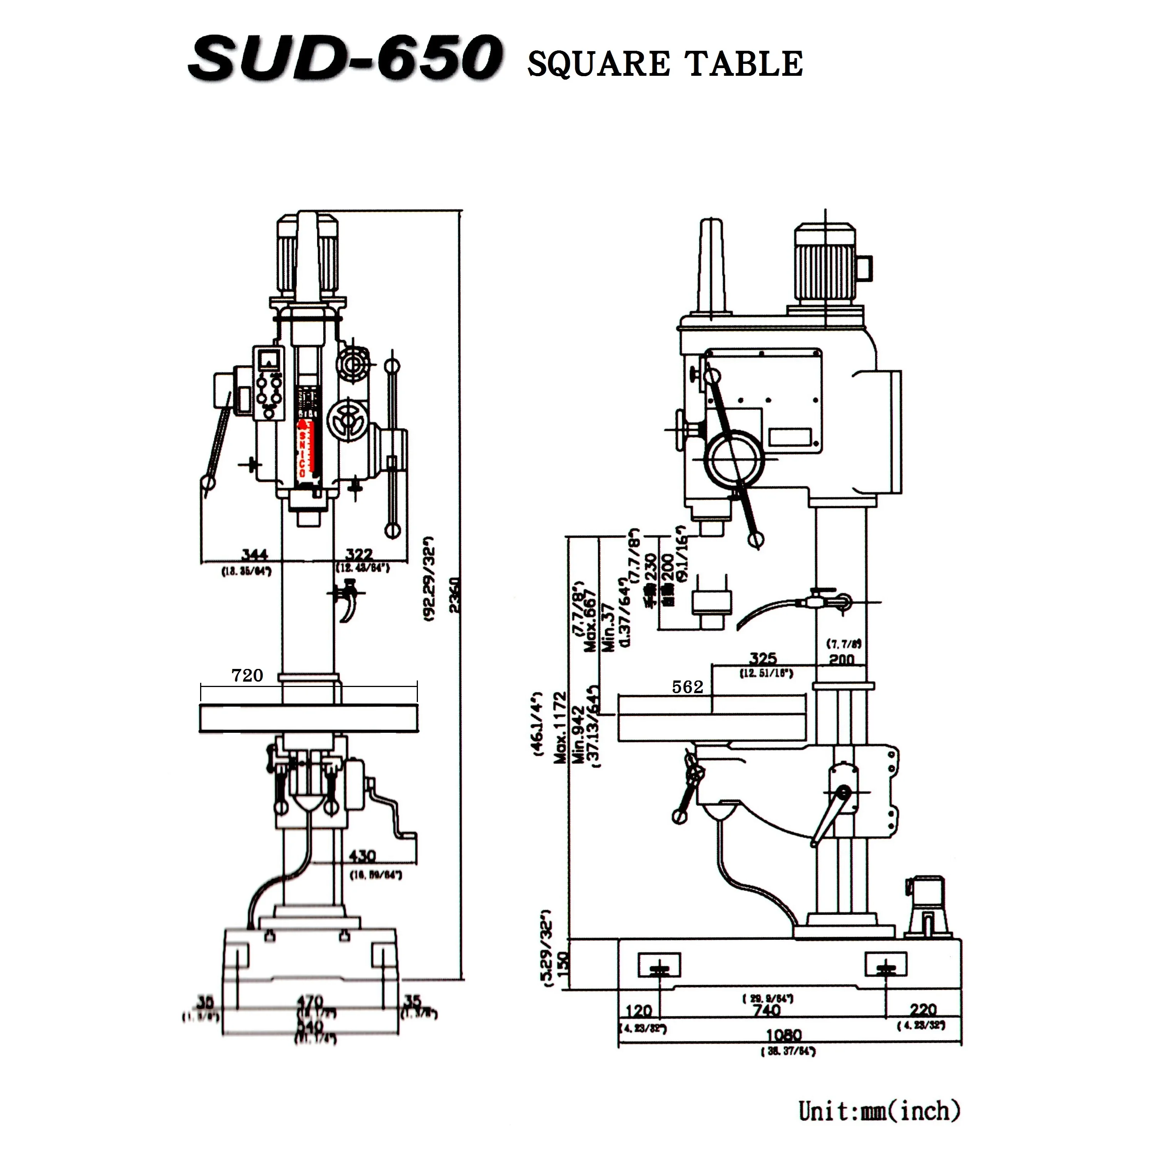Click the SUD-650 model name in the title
click(x=346, y=58)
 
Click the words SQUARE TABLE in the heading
click(x=664, y=64)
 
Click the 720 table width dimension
click(x=247, y=675)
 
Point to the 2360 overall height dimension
click(x=455, y=595)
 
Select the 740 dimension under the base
click(x=767, y=1011)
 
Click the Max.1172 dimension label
click(x=560, y=727)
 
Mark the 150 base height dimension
click(x=563, y=964)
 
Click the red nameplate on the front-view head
click(x=307, y=449)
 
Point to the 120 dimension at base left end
click(x=638, y=1011)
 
